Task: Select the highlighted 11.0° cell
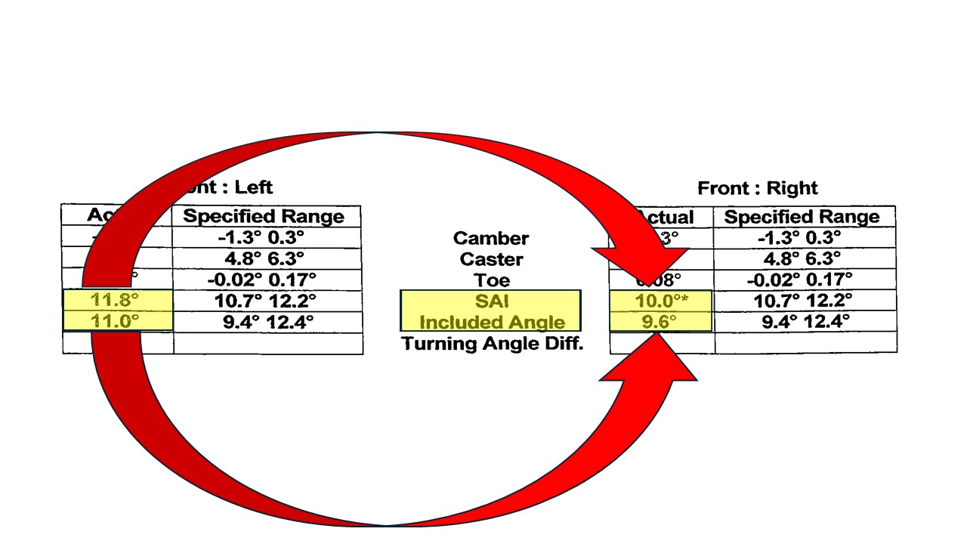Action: (x=115, y=321)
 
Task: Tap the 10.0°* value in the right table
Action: (x=661, y=301)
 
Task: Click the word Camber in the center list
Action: (x=491, y=238)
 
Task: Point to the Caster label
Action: (x=491, y=259)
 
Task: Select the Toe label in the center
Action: (x=491, y=280)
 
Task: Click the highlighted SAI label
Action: (x=491, y=301)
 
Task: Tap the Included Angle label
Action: (x=492, y=322)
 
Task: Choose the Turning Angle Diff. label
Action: (x=493, y=344)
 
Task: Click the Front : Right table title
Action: (x=758, y=188)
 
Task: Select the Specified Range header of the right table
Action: (x=802, y=218)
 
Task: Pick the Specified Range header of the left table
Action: (x=264, y=217)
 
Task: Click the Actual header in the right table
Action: (x=665, y=218)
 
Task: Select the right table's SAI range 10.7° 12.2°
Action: (x=802, y=301)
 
